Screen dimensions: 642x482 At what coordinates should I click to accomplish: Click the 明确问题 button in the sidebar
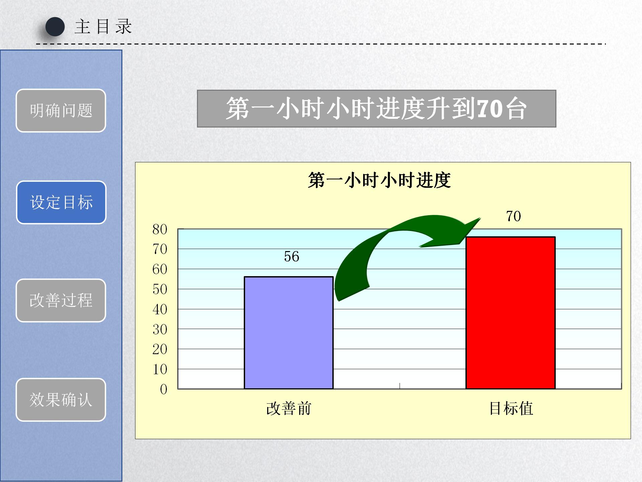pyautogui.click(x=61, y=110)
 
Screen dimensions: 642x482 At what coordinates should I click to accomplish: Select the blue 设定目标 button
pyautogui.click(x=61, y=202)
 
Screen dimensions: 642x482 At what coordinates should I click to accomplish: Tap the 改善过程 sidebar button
pyautogui.click(x=61, y=300)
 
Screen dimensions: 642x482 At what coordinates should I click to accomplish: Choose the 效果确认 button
pyautogui.click(x=61, y=400)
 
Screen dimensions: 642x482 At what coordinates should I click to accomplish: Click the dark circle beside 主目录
pyautogui.click(x=55, y=27)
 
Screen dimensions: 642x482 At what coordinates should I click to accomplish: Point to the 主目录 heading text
pyautogui.click(x=103, y=27)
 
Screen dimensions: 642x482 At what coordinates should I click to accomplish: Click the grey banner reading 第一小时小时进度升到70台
pyautogui.click(x=377, y=108)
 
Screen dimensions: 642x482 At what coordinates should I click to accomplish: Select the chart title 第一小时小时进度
pyautogui.click(x=380, y=180)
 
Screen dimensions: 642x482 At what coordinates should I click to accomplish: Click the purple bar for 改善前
pyautogui.click(x=289, y=333)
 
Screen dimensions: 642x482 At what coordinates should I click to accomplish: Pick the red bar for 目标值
pyautogui.click(x=511, y=313)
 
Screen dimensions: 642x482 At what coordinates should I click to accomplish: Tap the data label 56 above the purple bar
pyautogui.click(x=292, y=257)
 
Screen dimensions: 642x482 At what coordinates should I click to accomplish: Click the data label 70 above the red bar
pyautogui.click(x=514, y=216)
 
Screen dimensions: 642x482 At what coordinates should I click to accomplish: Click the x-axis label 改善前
pyautogui.click(x=289, y=409)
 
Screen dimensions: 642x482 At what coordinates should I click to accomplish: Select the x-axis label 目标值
pyautogui.click(x=511, y=409)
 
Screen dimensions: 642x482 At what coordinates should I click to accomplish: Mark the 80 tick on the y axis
pyautogui.click(x=160, y=229)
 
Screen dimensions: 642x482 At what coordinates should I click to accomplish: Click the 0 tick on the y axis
pyautogui.click(x=164, y=389)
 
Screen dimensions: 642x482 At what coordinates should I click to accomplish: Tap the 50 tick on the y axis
pyautogui.click(x=160, y=289)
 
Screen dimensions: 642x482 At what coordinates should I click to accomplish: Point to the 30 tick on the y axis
pyautogui.click(x=160, y=329)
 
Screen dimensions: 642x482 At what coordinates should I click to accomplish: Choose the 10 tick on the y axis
pyautogui.click(x=160, y=369)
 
